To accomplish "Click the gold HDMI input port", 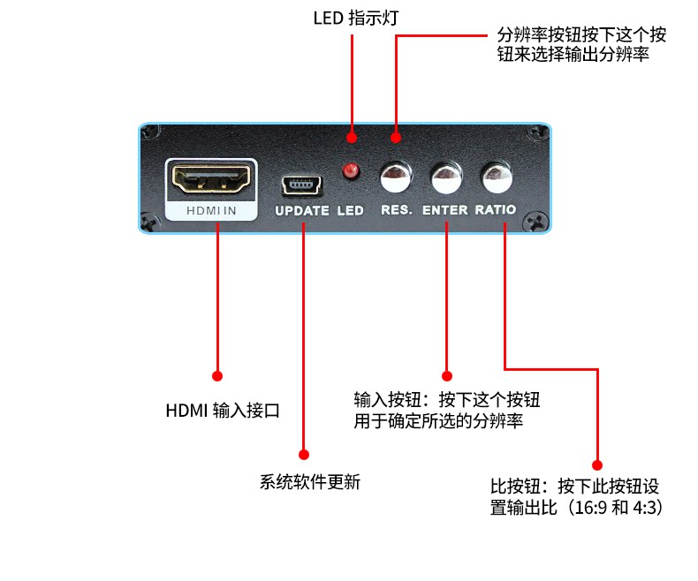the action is pyautogui.click(x=211, y=178).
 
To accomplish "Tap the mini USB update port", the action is pyautogui.click(x=301, y=185).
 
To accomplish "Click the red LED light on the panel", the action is pyautogui.click(x=351, y=170).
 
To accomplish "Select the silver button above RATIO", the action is pyautogui.click(x=497, y=177).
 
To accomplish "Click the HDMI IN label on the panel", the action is pyautogui.click(x=211, y=211).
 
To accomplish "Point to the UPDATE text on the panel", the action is pyautogui.click(x=302, y=211).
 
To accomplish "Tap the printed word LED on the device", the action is pyautogui.click(x=350, y=210).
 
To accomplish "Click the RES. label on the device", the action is pyautogui.click(x=396, y=210).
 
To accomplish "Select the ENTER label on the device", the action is pyautogui.click(x=444, y=210).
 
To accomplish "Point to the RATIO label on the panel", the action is pyautogui.click(x=496, y=209).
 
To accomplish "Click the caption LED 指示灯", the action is pyautogui.click(x=356, y=19).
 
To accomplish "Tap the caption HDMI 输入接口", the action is pyautogui.click(x=223, y=411).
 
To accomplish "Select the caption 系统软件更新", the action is pyautogui.click(x=310, y=482).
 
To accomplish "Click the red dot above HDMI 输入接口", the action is pyautogui.click(x=217, y=376).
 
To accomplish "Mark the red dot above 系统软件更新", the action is pyautogui.click(x=304, y=454).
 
